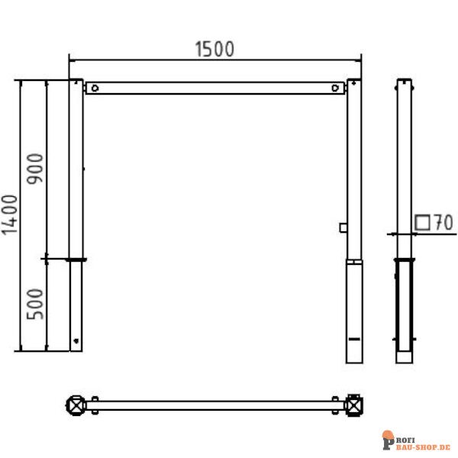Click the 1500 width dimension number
tap(214, 49)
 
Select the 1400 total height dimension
tap(10, 214)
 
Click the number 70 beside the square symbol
tap(443, 223)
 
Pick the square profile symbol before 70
tap(422, 222)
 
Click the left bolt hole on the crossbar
tap(94, 88)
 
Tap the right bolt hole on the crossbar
tap(336, 88)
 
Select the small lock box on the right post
tap(344, 227)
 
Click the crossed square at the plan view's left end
tap(76, 404)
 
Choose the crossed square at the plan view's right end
tap(354, 404)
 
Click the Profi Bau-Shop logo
tap(416, 440)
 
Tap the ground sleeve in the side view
tap(404, 305)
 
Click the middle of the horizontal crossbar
tap(214, 88)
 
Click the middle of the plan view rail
tap(214, 404)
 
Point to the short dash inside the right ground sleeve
tap(354, 337)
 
